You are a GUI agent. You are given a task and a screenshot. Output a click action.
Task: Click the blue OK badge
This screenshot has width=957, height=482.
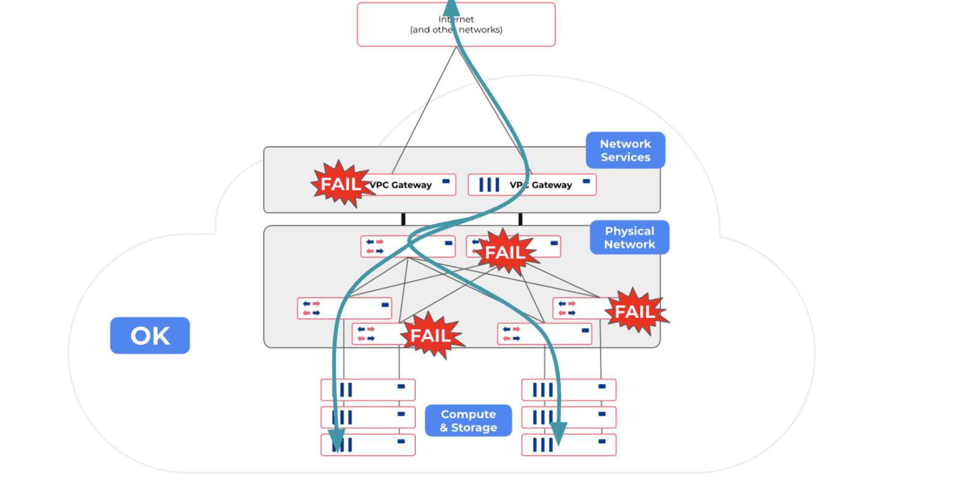(x=150, y=335)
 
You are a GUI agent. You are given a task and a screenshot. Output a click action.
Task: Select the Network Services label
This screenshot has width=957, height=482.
(x=625, y=150)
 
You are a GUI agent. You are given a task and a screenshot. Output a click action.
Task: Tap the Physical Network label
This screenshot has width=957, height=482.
(x=629, y=238)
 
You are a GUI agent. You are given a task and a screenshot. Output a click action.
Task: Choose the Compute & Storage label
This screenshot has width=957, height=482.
(x=468, y=420)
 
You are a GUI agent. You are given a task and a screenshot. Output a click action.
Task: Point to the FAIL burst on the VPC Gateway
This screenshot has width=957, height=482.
(x=340, y=184)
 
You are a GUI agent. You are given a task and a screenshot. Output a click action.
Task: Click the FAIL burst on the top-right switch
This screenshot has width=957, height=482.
(x=505, y=252)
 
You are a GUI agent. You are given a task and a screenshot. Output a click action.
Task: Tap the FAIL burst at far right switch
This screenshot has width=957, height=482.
(x=635, y=311)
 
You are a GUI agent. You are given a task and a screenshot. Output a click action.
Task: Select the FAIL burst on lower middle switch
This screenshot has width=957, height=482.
(x=431, y=335)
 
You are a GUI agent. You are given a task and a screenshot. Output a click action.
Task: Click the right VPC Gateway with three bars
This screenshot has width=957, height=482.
(x=532, y=185)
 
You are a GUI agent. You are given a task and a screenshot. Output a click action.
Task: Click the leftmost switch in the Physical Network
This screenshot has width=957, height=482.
(x=344, y=308)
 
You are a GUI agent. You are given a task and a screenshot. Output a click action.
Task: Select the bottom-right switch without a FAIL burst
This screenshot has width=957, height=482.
(x=544, y=334)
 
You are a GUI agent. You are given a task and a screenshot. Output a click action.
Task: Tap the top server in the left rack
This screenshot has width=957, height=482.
(x=368, y=390)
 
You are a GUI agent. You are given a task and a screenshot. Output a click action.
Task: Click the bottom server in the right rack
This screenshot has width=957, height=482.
(x=569, y=445)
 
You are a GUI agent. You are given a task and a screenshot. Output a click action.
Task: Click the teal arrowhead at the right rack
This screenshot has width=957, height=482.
(x=558, y=433)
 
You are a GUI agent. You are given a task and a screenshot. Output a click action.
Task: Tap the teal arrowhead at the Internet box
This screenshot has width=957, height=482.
(x=451, y=8)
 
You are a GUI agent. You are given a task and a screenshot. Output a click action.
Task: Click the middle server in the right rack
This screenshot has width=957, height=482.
(x=569, y=417)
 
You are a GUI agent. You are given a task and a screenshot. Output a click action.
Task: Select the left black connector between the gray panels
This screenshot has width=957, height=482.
(x=404, y=219)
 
